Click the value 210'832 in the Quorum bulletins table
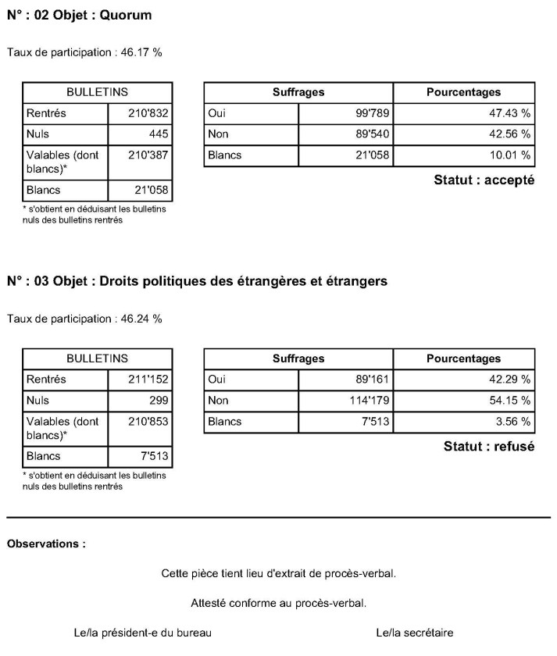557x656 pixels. pyautogui.click(x=148, y=113)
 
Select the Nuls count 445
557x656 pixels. pyautogui.click(x=159, y=134)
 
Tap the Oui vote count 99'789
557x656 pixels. pyautogui.click(x=372, y=113)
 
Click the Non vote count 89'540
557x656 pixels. pyautogui.click(x=372, y=134)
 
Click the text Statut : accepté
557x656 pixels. pyautogui.click(x=484, y=180)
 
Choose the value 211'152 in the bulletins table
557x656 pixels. pyautogui.click(x=148, y=380)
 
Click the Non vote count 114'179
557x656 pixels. pyautogui.click(x=369, y=401)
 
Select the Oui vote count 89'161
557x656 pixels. pyautogui.click(x=372, y=380)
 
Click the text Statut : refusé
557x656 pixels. pyautogui.click(x=488, y=447)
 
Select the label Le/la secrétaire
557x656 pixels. pyautogui.click(x=414, y=633)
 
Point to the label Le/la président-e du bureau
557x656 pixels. pyautogui.click(x=142, y=633)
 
